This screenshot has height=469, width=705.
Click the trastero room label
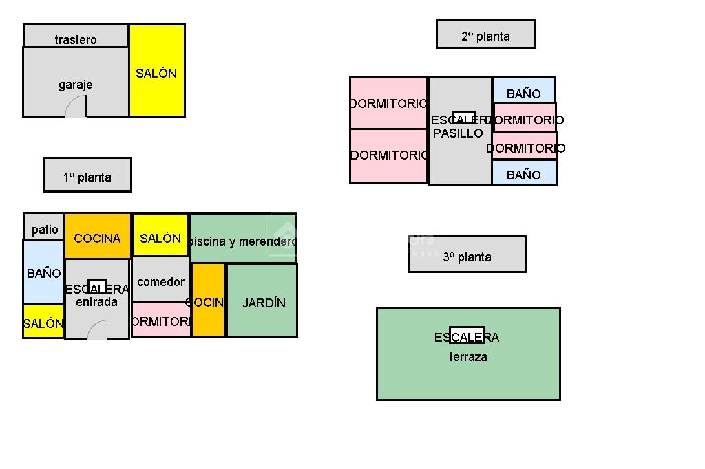76,39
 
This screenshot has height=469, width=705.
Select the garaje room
76,84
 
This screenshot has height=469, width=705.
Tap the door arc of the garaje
76,107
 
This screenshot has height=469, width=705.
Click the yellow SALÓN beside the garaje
157,72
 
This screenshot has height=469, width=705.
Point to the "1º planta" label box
87,176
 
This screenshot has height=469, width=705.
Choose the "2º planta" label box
485,36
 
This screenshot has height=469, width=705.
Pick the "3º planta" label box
467,256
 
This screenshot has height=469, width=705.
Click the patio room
45,228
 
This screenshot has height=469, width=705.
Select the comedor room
160,281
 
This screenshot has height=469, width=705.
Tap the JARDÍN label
264,303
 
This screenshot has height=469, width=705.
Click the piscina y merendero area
243,240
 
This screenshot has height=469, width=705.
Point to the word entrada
96,302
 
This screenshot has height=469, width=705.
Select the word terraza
468,356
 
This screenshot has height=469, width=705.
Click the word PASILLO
458,133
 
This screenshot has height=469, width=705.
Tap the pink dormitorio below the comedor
161,320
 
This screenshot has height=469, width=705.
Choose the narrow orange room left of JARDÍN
208,301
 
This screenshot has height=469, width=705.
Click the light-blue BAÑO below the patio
43,273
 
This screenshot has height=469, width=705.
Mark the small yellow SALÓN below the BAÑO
43,323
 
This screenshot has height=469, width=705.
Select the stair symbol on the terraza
467,334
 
